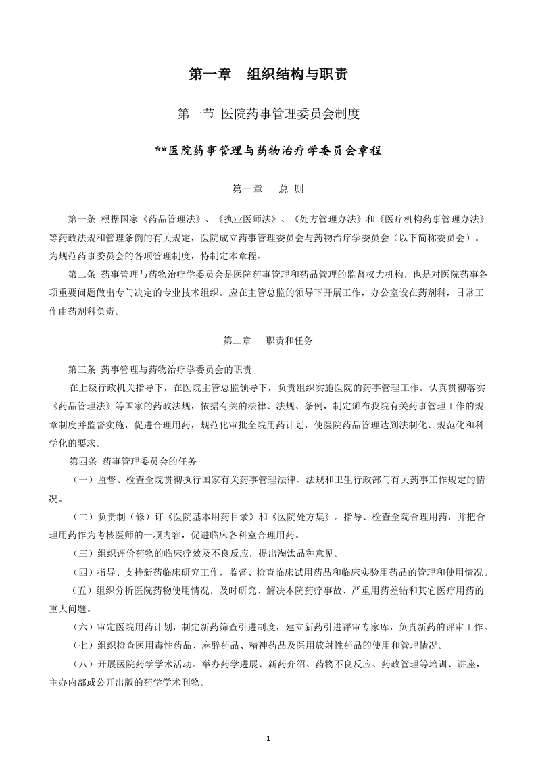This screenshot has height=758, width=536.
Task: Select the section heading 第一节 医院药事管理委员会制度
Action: click(x=268, y=115)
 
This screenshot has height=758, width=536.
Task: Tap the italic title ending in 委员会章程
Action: click(x=268, y=151)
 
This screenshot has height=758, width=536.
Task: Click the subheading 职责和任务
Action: click(x=289, y=340)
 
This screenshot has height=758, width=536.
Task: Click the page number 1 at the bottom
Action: click(x=268, y=738)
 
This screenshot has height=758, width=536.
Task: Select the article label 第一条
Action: click(x=82, y=221)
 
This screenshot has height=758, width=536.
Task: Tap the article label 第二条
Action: click(x=82, y=274)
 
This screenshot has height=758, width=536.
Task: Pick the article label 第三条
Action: click(x=82, y=370)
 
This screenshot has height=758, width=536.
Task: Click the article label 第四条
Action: click(x=82, y=462)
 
